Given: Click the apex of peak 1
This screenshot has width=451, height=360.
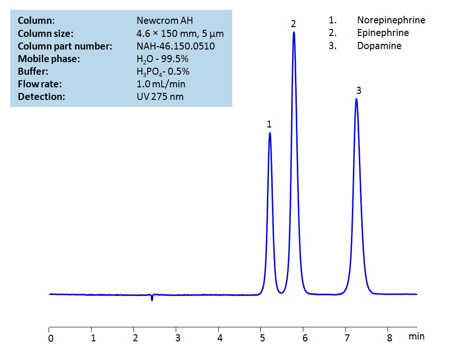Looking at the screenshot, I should (270, 133).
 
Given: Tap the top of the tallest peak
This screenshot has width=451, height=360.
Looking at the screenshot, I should (294, 32).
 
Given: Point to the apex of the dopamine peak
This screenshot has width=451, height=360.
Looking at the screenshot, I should (356, 99).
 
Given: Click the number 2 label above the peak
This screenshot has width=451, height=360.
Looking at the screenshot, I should (294, 23).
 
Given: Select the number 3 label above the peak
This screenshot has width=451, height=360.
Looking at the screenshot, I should (358, 91).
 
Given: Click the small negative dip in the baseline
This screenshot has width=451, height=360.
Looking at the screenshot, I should (152, 299).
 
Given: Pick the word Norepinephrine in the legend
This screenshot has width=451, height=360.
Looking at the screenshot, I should (391, 20).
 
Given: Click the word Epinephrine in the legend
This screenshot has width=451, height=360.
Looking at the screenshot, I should (383, 33).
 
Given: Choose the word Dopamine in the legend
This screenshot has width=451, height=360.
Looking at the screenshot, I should (379, 46).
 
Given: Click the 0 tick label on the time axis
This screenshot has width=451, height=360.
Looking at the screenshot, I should (50, 338).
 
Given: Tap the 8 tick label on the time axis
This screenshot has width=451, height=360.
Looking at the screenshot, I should (389, 338).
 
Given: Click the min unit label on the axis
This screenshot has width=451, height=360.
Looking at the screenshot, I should (416, 336).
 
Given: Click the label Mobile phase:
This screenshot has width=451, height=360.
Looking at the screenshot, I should (49, 59).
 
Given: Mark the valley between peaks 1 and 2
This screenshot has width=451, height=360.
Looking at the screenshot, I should (281, 293).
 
